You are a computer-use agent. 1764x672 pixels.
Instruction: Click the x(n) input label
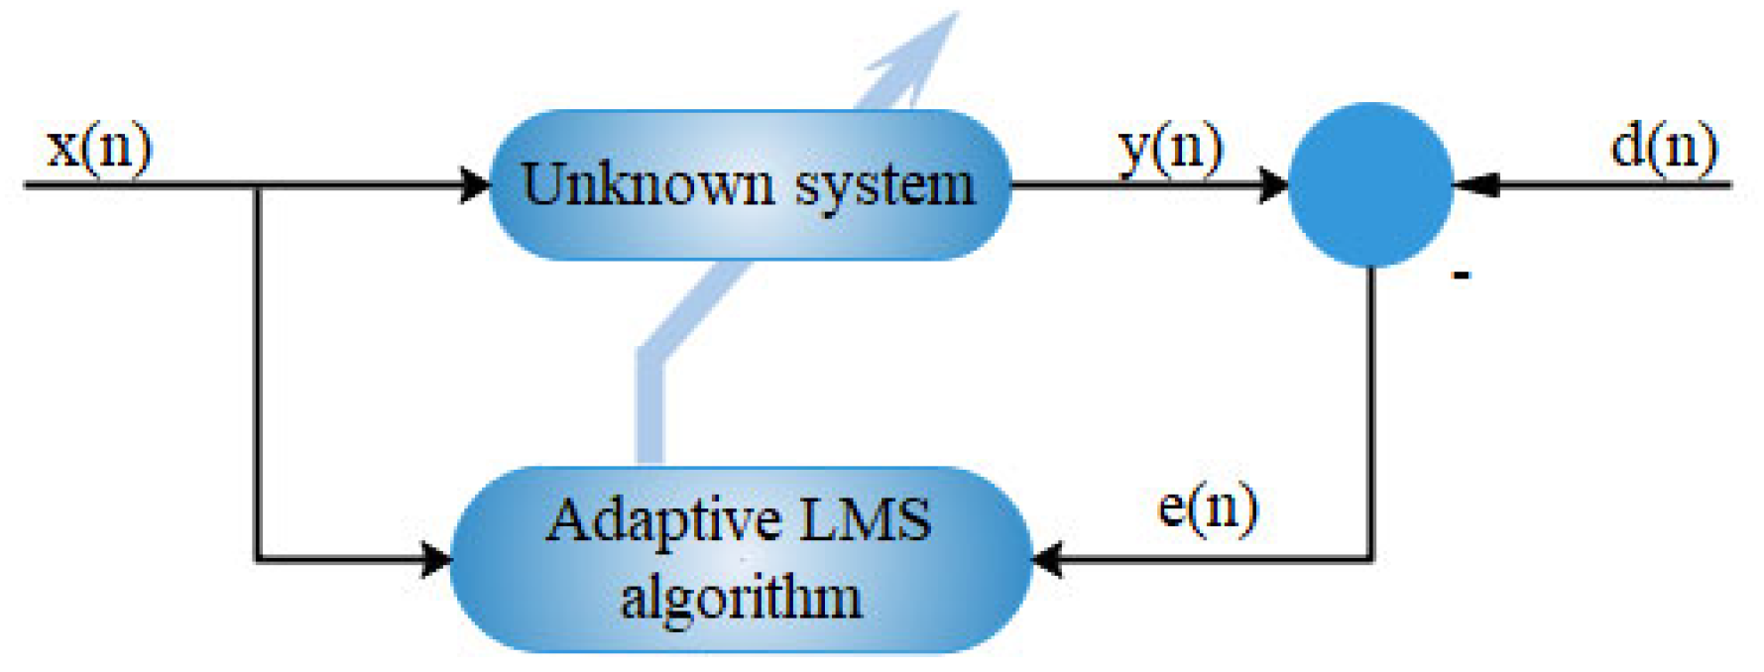[x=99, y=149]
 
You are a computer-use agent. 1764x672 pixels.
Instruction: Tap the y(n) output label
[x=1170, y=149]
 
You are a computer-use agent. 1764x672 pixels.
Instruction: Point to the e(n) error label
[x=1207, y=508]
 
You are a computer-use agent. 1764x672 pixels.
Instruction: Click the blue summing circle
[x=1370, y=184]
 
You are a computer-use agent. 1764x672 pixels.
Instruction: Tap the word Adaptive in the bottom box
[x=663, y=521]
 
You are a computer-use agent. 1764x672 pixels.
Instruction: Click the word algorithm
[x=741, y=599]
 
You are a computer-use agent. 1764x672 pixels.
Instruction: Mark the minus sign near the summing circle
[x=1461, y=276]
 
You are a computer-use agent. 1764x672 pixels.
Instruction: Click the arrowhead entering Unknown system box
[x=478, y=184]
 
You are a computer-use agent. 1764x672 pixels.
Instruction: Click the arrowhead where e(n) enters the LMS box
[x=1047, y=560]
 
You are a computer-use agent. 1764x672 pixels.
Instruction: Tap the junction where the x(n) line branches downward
[x=258, y=185]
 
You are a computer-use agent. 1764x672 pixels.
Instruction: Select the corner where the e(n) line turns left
[x=1371, y=559]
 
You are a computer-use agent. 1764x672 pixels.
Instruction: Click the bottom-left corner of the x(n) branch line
[x=258, y=560]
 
